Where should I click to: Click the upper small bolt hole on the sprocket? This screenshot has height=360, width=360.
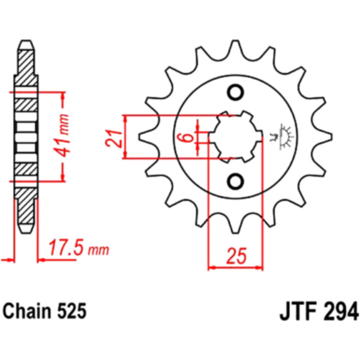click(x=236, y=93)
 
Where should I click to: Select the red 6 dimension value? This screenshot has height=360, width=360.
click(x=188, y=137)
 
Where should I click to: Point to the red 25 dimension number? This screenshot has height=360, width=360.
click(x=236, y=256)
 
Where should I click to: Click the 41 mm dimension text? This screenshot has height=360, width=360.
click(x=61, y=136)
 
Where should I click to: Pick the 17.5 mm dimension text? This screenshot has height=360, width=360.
click(x=79, y=247)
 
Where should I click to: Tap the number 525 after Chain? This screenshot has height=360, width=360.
click(x=72, y=311)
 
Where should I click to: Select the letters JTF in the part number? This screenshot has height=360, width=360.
click(x=296, y=312)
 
